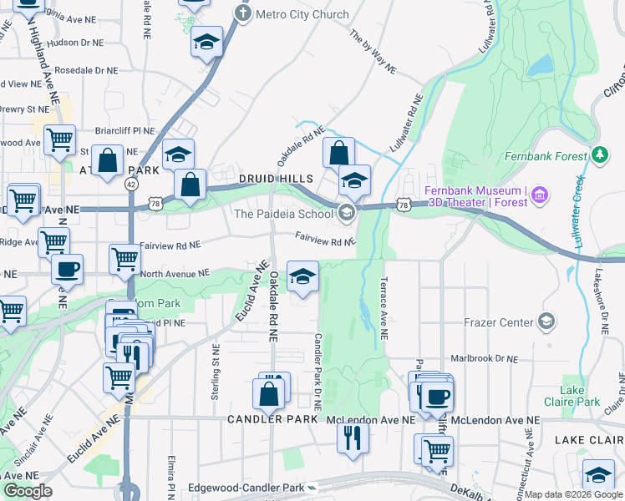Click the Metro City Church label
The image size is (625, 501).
(302, 14)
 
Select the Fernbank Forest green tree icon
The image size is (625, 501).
(599, 154)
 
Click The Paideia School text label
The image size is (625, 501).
(283, 214)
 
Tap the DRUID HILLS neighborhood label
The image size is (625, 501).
(275, 179)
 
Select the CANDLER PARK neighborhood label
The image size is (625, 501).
(270, 419)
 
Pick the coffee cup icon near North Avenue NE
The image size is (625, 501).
(67, 268)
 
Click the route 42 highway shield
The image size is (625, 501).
(131, 183)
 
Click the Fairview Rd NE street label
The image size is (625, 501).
(325, 243)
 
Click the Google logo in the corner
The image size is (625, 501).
(27, 491)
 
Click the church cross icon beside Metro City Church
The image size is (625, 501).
(242, 13)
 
